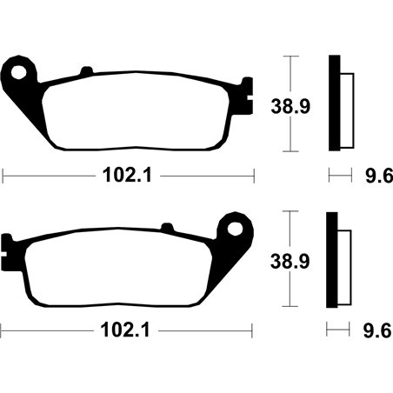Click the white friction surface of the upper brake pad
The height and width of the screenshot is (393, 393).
click(130, 113)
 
